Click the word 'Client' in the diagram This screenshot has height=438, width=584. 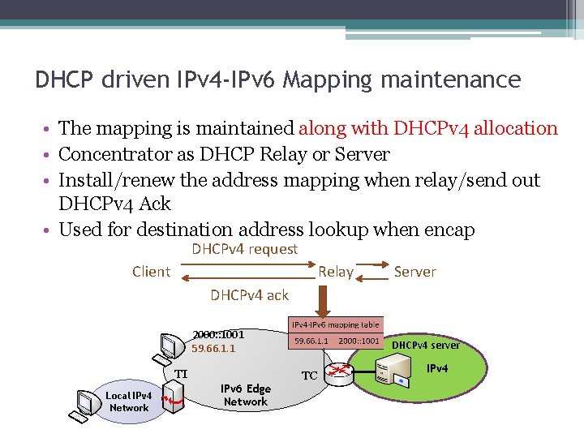tap(151, 272)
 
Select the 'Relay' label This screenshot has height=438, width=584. tap(336, 273)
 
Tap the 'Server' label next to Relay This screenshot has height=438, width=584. tap(414, 272)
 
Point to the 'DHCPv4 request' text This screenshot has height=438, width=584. tap(244, 250)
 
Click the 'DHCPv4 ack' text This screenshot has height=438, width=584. tap(249, 295)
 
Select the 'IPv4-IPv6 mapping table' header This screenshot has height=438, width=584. tap(335, 324)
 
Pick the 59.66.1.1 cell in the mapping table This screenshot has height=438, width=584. tap(311, 341)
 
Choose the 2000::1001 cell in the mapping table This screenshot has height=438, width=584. tap(359, 341)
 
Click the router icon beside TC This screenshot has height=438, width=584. tap(343, 371)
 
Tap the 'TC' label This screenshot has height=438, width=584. tap(310, 376)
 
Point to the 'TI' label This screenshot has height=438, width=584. tap(182, 374)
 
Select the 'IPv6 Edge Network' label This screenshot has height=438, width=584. tap(246, 395)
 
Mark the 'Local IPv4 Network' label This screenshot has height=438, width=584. tap(129, 401)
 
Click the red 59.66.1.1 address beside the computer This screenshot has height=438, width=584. tap(213, 348)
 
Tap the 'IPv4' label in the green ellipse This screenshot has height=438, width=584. tap(437, 369)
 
